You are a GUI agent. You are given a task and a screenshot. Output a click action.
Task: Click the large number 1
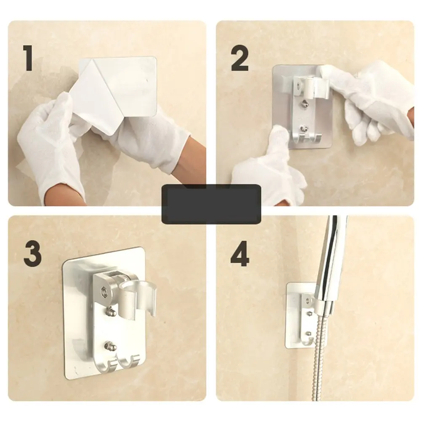coord(28,58)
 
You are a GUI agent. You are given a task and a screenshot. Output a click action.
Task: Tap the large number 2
coord(240,58)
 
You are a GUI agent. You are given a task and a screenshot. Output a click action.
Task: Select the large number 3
coord(32,254)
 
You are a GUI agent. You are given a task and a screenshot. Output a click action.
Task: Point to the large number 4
coord(240,254)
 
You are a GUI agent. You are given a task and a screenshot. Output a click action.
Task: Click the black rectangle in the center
coord(211,204)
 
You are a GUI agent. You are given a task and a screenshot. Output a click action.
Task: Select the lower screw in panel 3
coord(110,346)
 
